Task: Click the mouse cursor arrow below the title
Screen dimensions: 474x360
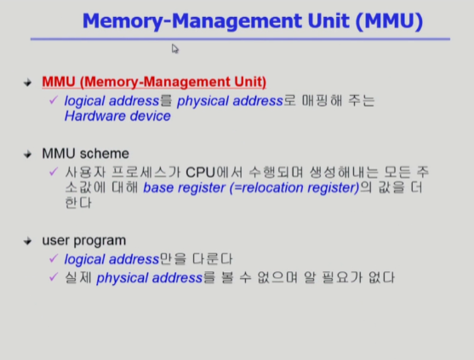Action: [175, 49]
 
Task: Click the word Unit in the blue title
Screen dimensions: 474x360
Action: [328, 21]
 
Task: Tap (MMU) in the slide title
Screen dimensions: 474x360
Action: [390, 21]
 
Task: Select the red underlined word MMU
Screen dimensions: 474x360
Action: [59, 82]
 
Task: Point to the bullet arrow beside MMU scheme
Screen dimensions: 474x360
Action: [27, 154]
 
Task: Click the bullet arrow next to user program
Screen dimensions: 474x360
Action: [27, 241]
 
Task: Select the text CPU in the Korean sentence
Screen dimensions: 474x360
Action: [200, 173]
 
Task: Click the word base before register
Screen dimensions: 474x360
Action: [157, 188]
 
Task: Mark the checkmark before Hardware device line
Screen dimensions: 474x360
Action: [54, 100]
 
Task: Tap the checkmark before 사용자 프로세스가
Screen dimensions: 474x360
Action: [54, 172]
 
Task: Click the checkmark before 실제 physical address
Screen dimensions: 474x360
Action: [54, 277]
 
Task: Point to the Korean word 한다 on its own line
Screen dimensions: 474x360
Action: [78, 203]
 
